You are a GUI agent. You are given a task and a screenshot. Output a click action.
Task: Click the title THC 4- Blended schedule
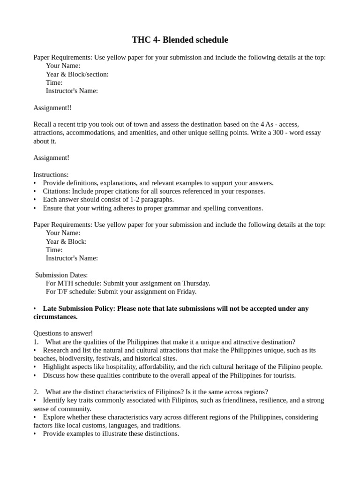tap(180, 40)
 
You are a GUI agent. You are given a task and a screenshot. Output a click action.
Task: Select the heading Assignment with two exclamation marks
tap(52, 108)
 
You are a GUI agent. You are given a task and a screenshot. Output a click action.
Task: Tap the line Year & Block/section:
tap(77, 74)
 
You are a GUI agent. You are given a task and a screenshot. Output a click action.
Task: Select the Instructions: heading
tap(51, 174)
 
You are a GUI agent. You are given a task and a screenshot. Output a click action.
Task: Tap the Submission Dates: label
tap(62, 275)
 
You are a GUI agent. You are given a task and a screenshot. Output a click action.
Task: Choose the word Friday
tap(187, 292)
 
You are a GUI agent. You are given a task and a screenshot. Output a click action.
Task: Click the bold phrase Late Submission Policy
tap(78, 308)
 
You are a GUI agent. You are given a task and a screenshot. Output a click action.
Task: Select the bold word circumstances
tap(55, 317)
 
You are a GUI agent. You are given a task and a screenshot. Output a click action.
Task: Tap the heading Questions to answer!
tap(63, 333)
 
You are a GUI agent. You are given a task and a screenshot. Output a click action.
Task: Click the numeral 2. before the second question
tap(36, 392)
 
